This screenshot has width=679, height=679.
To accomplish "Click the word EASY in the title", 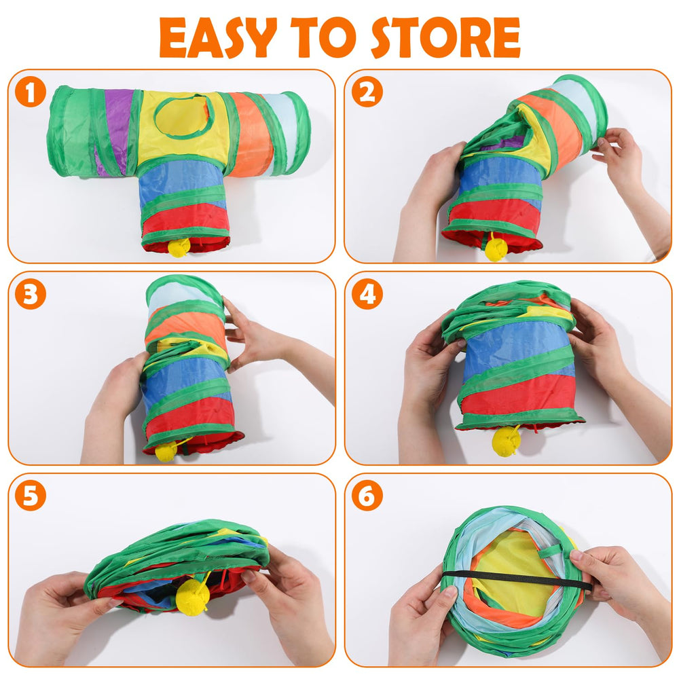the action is click(x=218, y=37).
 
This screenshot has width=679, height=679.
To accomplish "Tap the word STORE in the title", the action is click(x=445, y=37).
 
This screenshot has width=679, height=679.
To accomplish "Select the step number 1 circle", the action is click(x=31, y=92).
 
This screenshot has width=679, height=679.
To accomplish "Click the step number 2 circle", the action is click(x=367, y=92).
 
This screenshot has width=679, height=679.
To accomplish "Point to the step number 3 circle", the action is click(x=31, y=294).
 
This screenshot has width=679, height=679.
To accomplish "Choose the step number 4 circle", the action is click(x=367, y=294).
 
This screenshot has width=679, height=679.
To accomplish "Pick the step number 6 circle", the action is click(x=367, y=496).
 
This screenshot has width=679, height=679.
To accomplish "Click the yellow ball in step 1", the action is click(x=179, y=247).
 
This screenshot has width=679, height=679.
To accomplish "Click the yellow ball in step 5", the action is click(x=193, y=595).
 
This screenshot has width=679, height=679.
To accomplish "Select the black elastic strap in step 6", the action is click(x=515, y=578).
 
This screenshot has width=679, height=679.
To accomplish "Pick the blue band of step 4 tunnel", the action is click(x=517, y=346).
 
